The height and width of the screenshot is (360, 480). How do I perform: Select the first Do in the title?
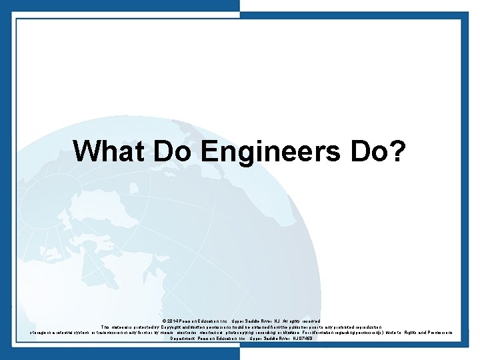coord(174,151)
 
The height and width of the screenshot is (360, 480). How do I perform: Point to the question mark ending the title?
coord(399,151)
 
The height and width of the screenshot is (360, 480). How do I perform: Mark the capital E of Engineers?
coord(208,151)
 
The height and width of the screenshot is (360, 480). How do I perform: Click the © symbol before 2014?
coord(163,321)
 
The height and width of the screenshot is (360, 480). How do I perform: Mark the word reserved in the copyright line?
coord(308,321)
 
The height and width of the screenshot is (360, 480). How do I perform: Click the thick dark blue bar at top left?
coord(120,5)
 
